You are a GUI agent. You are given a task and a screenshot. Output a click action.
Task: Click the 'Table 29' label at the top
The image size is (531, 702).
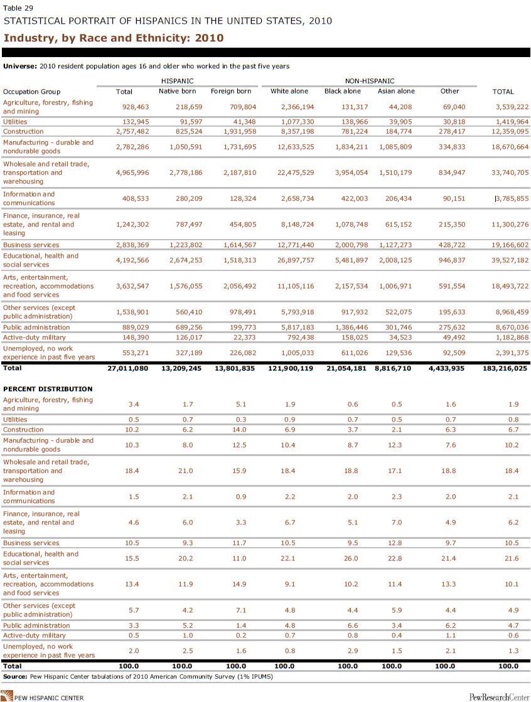[x=18, y=8]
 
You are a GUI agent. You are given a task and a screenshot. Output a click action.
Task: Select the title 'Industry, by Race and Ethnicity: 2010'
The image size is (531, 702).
[x=114, y=38]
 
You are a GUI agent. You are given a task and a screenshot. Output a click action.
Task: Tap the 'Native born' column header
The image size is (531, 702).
[x=178, y=91]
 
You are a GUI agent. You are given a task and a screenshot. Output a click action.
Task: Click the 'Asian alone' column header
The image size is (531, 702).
[x=396, y=91]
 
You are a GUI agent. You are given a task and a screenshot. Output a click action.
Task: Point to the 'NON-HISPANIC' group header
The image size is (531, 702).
[x=370, y=81]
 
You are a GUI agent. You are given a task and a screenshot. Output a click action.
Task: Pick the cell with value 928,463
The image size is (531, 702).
[x=136, y=107]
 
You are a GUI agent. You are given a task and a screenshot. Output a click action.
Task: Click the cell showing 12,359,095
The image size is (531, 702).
[x=510, y=132]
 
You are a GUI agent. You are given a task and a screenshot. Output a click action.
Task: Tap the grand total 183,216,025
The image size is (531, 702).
[x=505, y=368]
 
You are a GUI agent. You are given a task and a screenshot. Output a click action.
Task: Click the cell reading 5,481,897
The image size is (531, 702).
[x=351, y=260]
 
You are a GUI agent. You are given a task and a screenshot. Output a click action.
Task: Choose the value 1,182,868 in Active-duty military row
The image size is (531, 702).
[x=512, y=338]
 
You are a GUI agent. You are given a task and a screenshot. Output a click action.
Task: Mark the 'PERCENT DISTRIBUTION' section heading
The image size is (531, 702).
[x=48, y=389]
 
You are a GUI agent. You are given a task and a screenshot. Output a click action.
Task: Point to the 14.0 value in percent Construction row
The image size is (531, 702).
[x=239, y=430]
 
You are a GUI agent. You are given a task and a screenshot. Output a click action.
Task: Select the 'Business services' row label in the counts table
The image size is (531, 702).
[x=31, y=245]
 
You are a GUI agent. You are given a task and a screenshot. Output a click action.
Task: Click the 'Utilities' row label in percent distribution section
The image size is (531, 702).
[x=15, y=420]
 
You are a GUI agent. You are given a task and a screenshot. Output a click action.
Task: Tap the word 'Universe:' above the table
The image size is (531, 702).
[x=20, y=66]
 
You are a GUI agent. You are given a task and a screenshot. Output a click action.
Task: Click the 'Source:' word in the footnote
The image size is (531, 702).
[x=15, y=676]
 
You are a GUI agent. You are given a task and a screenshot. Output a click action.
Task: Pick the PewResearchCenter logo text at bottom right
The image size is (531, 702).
[x=499, y=697]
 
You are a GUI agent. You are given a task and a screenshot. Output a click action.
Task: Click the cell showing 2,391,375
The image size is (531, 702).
[x=512, y=353]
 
